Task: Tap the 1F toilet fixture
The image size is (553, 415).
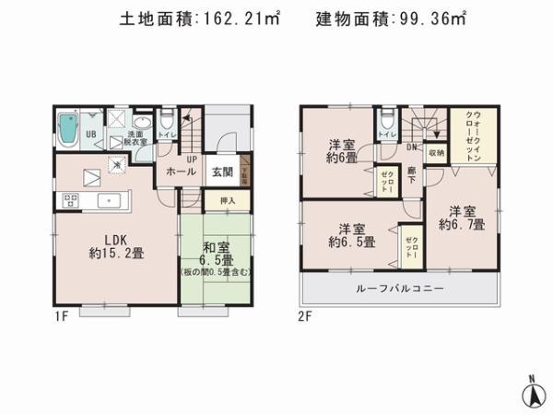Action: [x=166, y=122]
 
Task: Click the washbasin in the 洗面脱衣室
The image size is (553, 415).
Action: [x=143, y=125]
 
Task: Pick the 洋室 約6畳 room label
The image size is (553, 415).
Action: [x=342, y=151]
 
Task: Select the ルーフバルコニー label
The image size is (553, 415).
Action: [x=399, y=289]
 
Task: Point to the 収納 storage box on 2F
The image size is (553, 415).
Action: [x=436, y=153]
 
